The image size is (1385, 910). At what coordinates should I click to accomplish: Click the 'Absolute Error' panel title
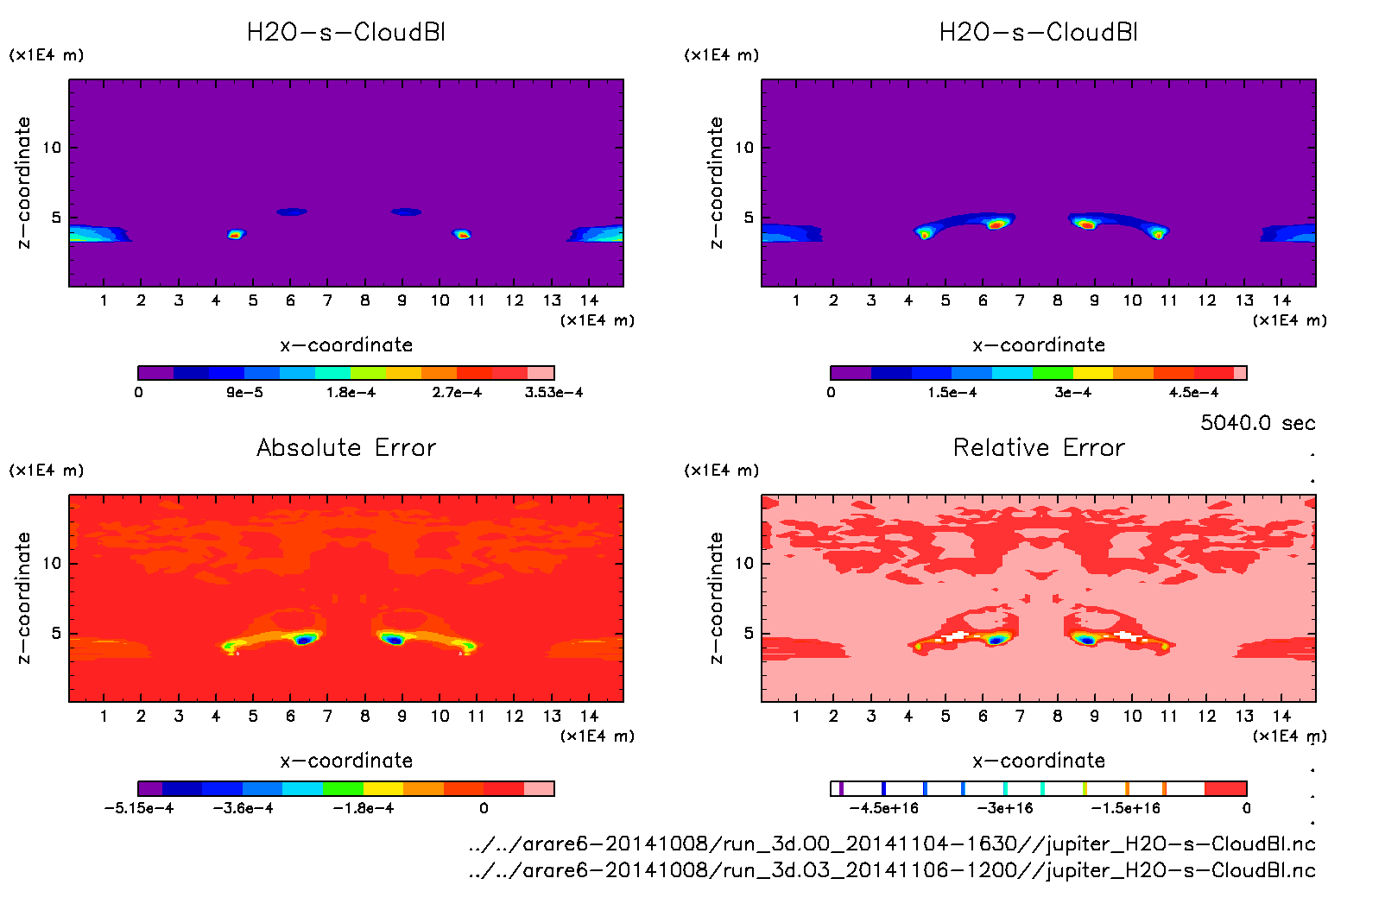346,447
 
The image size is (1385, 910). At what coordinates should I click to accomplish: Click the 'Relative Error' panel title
1039,447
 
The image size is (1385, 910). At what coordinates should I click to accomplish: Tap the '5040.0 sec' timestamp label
1257,423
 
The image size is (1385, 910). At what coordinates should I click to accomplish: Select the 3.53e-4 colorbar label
553,393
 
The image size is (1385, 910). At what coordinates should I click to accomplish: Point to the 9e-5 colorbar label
245,393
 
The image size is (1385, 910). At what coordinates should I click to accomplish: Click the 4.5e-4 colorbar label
1193,393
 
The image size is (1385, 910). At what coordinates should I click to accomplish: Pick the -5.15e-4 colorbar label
139,808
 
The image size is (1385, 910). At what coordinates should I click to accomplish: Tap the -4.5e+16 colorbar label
883,808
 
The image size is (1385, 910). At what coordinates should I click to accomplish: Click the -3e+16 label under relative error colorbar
1005,808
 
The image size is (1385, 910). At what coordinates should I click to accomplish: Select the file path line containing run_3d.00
891,844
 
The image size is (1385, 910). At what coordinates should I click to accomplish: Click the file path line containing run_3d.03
891,870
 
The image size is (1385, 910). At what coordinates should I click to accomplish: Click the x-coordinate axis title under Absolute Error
346,761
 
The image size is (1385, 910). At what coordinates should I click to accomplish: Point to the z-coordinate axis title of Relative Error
715,597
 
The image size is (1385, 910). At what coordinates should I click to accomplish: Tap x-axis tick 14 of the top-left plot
590,300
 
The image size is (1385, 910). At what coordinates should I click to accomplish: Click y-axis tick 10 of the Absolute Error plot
53,563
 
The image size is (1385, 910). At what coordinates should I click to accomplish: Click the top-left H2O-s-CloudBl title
346,33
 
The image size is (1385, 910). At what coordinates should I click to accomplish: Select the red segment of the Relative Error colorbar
1225,788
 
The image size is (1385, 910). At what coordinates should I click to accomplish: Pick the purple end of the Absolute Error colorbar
150,788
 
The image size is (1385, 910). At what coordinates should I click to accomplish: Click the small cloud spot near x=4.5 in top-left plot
236,234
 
